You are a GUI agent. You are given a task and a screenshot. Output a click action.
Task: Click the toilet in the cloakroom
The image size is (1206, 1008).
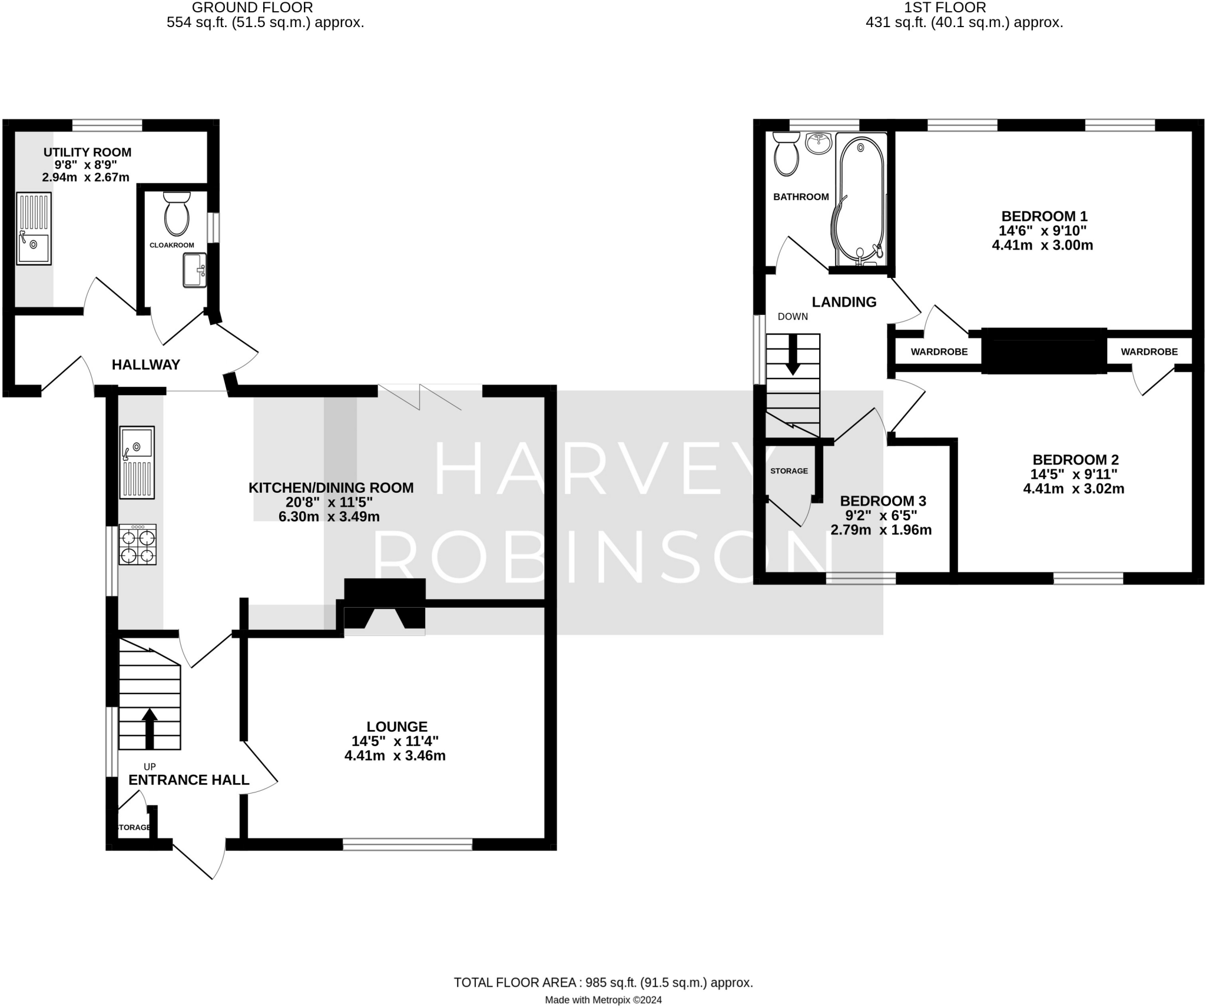(x=177, y=214)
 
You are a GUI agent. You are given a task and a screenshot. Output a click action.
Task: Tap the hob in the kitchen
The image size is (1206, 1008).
(x=137, y=545)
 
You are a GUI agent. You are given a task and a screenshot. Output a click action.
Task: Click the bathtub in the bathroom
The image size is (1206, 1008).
(x=860, y=200)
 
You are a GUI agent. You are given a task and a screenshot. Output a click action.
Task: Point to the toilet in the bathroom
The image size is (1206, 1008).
(x=786, y=154)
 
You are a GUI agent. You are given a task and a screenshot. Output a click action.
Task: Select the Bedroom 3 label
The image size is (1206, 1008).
(x=883, y=501)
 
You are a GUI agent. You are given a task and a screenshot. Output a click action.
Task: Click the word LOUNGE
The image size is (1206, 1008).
(x=397, y=727)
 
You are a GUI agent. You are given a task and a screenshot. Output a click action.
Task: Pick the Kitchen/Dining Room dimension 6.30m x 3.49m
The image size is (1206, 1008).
(x=329, y=517)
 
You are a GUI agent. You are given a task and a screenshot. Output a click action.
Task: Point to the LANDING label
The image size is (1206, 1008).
(x=844, y=302)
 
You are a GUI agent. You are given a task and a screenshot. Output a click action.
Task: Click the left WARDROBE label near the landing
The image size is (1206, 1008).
(x=939, y=352)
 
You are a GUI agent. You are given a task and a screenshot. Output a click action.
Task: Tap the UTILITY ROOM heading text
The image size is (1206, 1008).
(x=87, y=152)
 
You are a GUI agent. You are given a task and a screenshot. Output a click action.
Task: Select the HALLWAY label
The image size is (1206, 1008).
(x=146, y=364)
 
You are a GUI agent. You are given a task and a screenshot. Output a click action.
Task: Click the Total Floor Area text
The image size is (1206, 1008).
(x=603, y=983)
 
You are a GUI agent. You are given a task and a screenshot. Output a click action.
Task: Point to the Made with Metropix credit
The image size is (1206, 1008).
(x=603, y=1000)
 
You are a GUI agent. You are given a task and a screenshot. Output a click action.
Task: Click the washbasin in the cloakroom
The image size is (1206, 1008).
(x=195, y=270)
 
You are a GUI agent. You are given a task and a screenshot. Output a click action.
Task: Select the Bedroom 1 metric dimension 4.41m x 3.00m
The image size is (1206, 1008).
(x=1042, y=246)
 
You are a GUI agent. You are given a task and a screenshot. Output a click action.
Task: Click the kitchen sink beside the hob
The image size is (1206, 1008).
(x=137, y=463)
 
